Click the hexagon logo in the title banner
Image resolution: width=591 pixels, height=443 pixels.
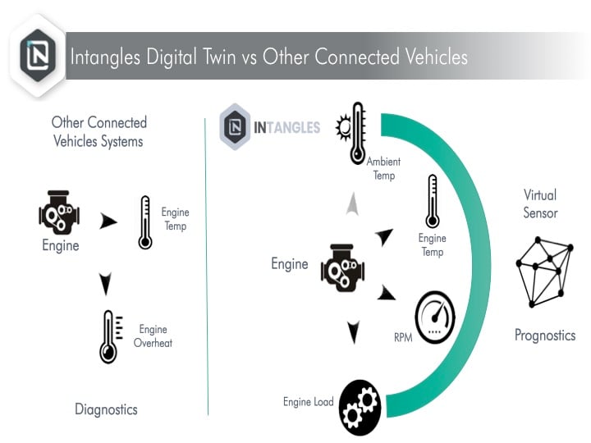coord(38,56)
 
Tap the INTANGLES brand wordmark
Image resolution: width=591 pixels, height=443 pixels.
coord(286,128)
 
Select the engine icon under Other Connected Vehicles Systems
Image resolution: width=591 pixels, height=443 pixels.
coord(59,211)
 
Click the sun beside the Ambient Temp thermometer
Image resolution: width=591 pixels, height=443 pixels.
coord(343,128)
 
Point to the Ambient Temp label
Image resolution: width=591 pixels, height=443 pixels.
coord(383,168)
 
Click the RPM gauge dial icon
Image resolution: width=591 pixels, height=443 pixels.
coord(435,317)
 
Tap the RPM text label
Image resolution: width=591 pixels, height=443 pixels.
coord(403,337)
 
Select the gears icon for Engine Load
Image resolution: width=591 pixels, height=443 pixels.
coord(360,407)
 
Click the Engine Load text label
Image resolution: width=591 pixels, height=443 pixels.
coord(309,402)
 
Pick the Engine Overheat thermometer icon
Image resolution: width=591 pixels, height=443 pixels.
coord(110,337)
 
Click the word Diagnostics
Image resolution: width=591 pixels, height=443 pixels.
coord(106,409)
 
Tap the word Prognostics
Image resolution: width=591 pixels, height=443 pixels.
coord(545,336)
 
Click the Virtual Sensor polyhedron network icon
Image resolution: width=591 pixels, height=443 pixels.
coord(545,272)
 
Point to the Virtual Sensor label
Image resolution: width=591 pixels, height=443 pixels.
coord(540,203)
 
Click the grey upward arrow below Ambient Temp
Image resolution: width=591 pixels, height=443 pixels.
coord(352,203)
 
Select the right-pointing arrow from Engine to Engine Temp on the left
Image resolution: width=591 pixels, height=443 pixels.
coord(108,221)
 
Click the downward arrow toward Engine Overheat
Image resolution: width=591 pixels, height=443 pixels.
coord(106,284)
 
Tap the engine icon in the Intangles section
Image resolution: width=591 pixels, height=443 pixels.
coord(342,267)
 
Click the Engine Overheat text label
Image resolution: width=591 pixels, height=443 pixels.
coord(153,336)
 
